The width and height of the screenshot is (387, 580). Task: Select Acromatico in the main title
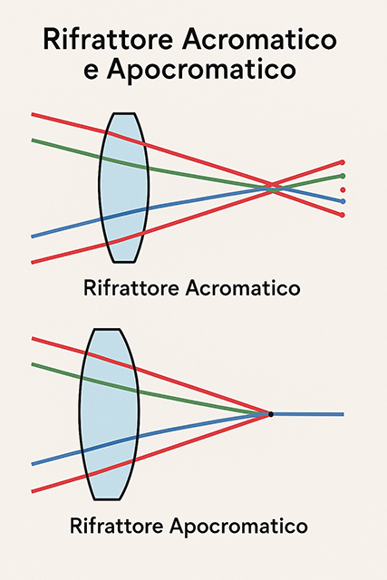[x=259, y=39]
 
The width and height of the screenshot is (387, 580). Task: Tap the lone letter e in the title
[x=91, y=70]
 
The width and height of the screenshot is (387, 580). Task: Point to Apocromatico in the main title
[x=201, y=70]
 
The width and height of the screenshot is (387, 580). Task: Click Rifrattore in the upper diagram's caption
[x=131, y=288]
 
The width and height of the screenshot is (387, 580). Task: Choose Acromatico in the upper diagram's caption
[x=243, y=288]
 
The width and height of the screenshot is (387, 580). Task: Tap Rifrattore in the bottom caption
[x=117, y=526]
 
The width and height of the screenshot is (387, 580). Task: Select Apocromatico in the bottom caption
[x=238, y=526]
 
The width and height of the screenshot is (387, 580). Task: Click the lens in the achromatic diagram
[x=124, y=188]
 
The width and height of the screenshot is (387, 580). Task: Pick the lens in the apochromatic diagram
[x=109, y=414]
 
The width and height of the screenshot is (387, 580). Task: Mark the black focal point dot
[x=271, y=414]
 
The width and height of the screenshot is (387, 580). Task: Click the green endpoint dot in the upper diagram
[x=343, y=176]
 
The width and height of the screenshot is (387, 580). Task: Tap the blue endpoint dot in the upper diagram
[x=343, y=201]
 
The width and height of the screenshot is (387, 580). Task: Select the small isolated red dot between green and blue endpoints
[x=343, y=189]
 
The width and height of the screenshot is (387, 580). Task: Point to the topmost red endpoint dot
[x=343, y=162]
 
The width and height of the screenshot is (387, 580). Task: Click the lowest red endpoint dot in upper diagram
[x=343, y=215]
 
